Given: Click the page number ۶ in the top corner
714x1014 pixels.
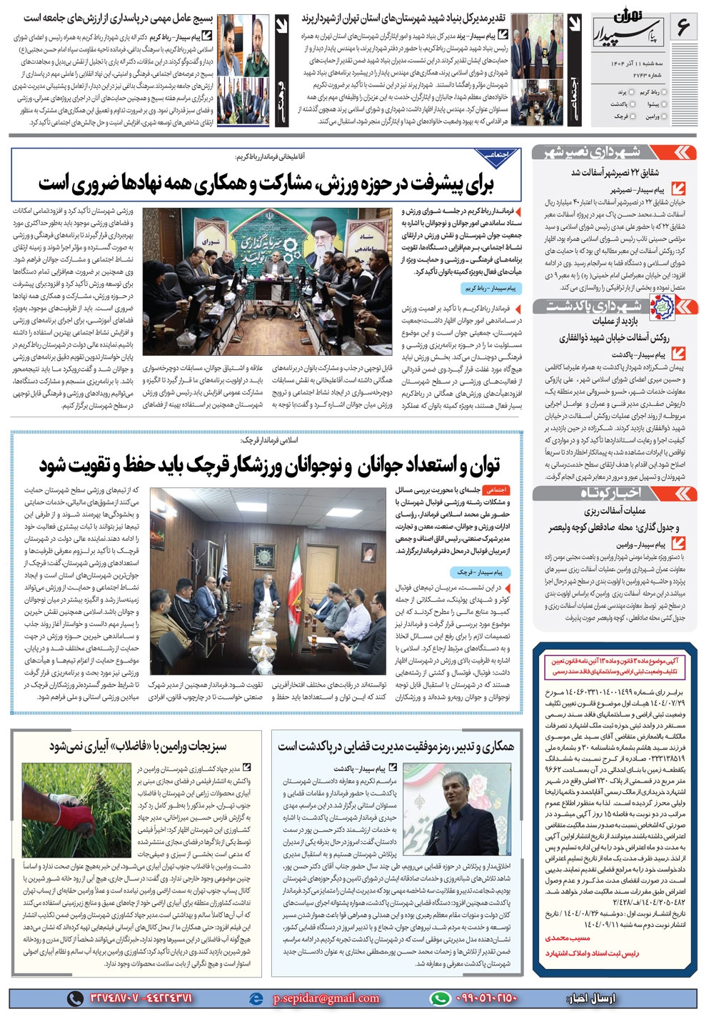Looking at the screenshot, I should pos(683,29).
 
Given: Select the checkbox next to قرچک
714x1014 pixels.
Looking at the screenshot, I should pos(634,116).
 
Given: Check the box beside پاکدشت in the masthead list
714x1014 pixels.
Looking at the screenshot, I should pos(634,104).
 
